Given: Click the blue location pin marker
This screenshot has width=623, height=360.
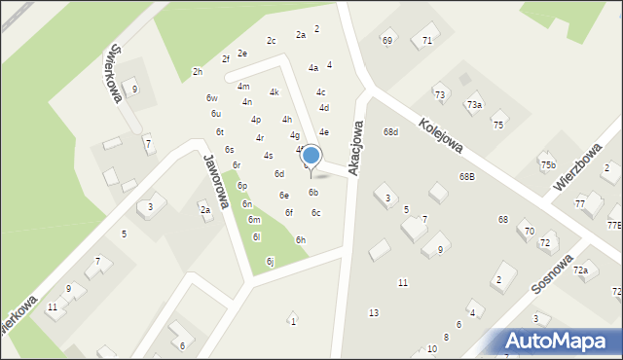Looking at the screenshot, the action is click(x=311, y=158).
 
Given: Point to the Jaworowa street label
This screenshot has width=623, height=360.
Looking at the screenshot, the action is click(x=215, y=180).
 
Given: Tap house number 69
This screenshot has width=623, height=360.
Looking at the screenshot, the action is click(x=386, y=40).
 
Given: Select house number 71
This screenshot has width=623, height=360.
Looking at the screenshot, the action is click(x=426, y=40).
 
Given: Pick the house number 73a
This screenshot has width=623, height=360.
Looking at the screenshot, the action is click(x=474, y=104).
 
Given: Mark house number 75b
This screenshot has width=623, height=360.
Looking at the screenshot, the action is click(x=548, y=164).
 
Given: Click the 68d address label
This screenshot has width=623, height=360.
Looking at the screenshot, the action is click(x=390, y=131).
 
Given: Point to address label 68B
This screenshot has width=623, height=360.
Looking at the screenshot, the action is click(x=467, y=176).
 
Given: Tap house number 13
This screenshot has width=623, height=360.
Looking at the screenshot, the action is click(x=373, y=312).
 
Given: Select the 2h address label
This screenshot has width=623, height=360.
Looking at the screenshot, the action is click(x=198, y=72).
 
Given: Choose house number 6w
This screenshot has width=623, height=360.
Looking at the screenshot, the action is click(x=211, y=98).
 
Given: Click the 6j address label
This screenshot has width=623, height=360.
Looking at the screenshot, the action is click(x=270, y=261).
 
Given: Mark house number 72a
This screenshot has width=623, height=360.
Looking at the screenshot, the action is click(x=580, y=270).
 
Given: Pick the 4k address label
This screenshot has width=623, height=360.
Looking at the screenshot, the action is click(x=275, y=92).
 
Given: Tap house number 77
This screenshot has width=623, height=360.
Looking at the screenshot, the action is click(x=580, y=203).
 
